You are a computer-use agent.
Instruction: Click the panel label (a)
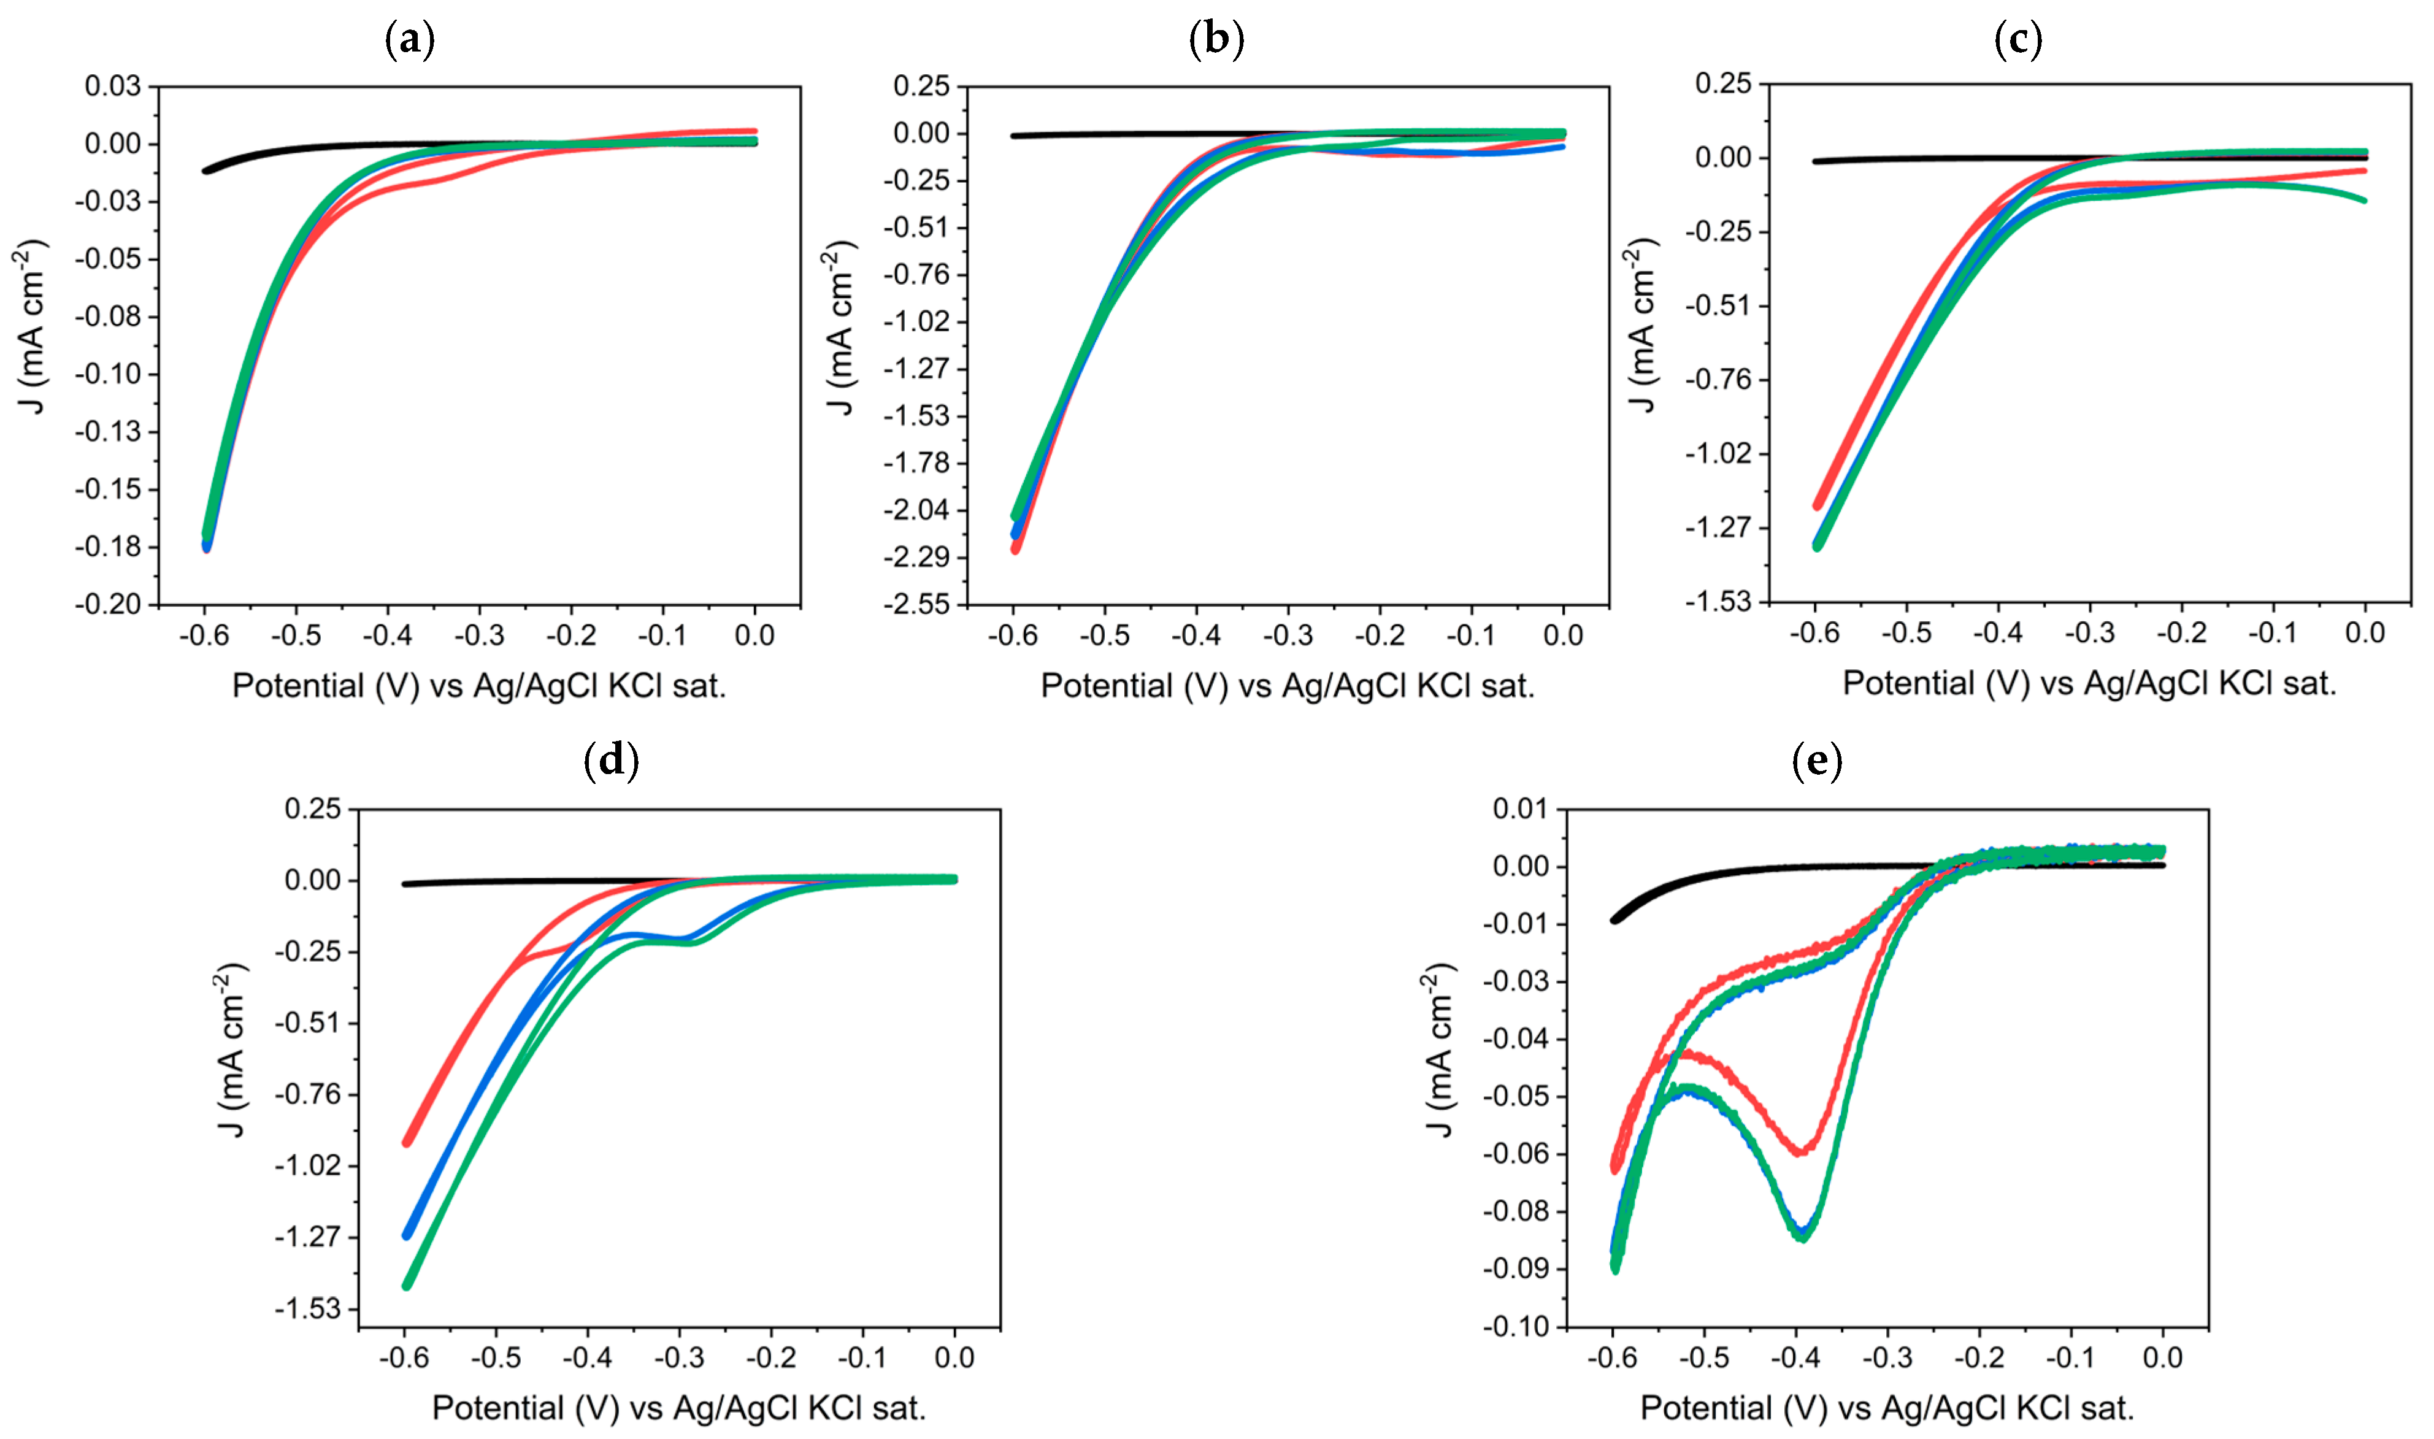(x=409, y=40)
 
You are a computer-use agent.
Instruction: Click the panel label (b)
(x=1216, y=40)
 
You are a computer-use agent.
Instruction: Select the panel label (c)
(x=2018, y=40)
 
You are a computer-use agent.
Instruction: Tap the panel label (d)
(x=611, y=761)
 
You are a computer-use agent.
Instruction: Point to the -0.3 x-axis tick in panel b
(x=1288, y=636)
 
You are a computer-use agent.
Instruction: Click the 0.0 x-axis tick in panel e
(x=2162, y=1357)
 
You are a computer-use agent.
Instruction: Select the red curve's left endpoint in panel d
(x=407, y=1142)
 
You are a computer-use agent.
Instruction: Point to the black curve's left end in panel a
(x=205, y=171)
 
